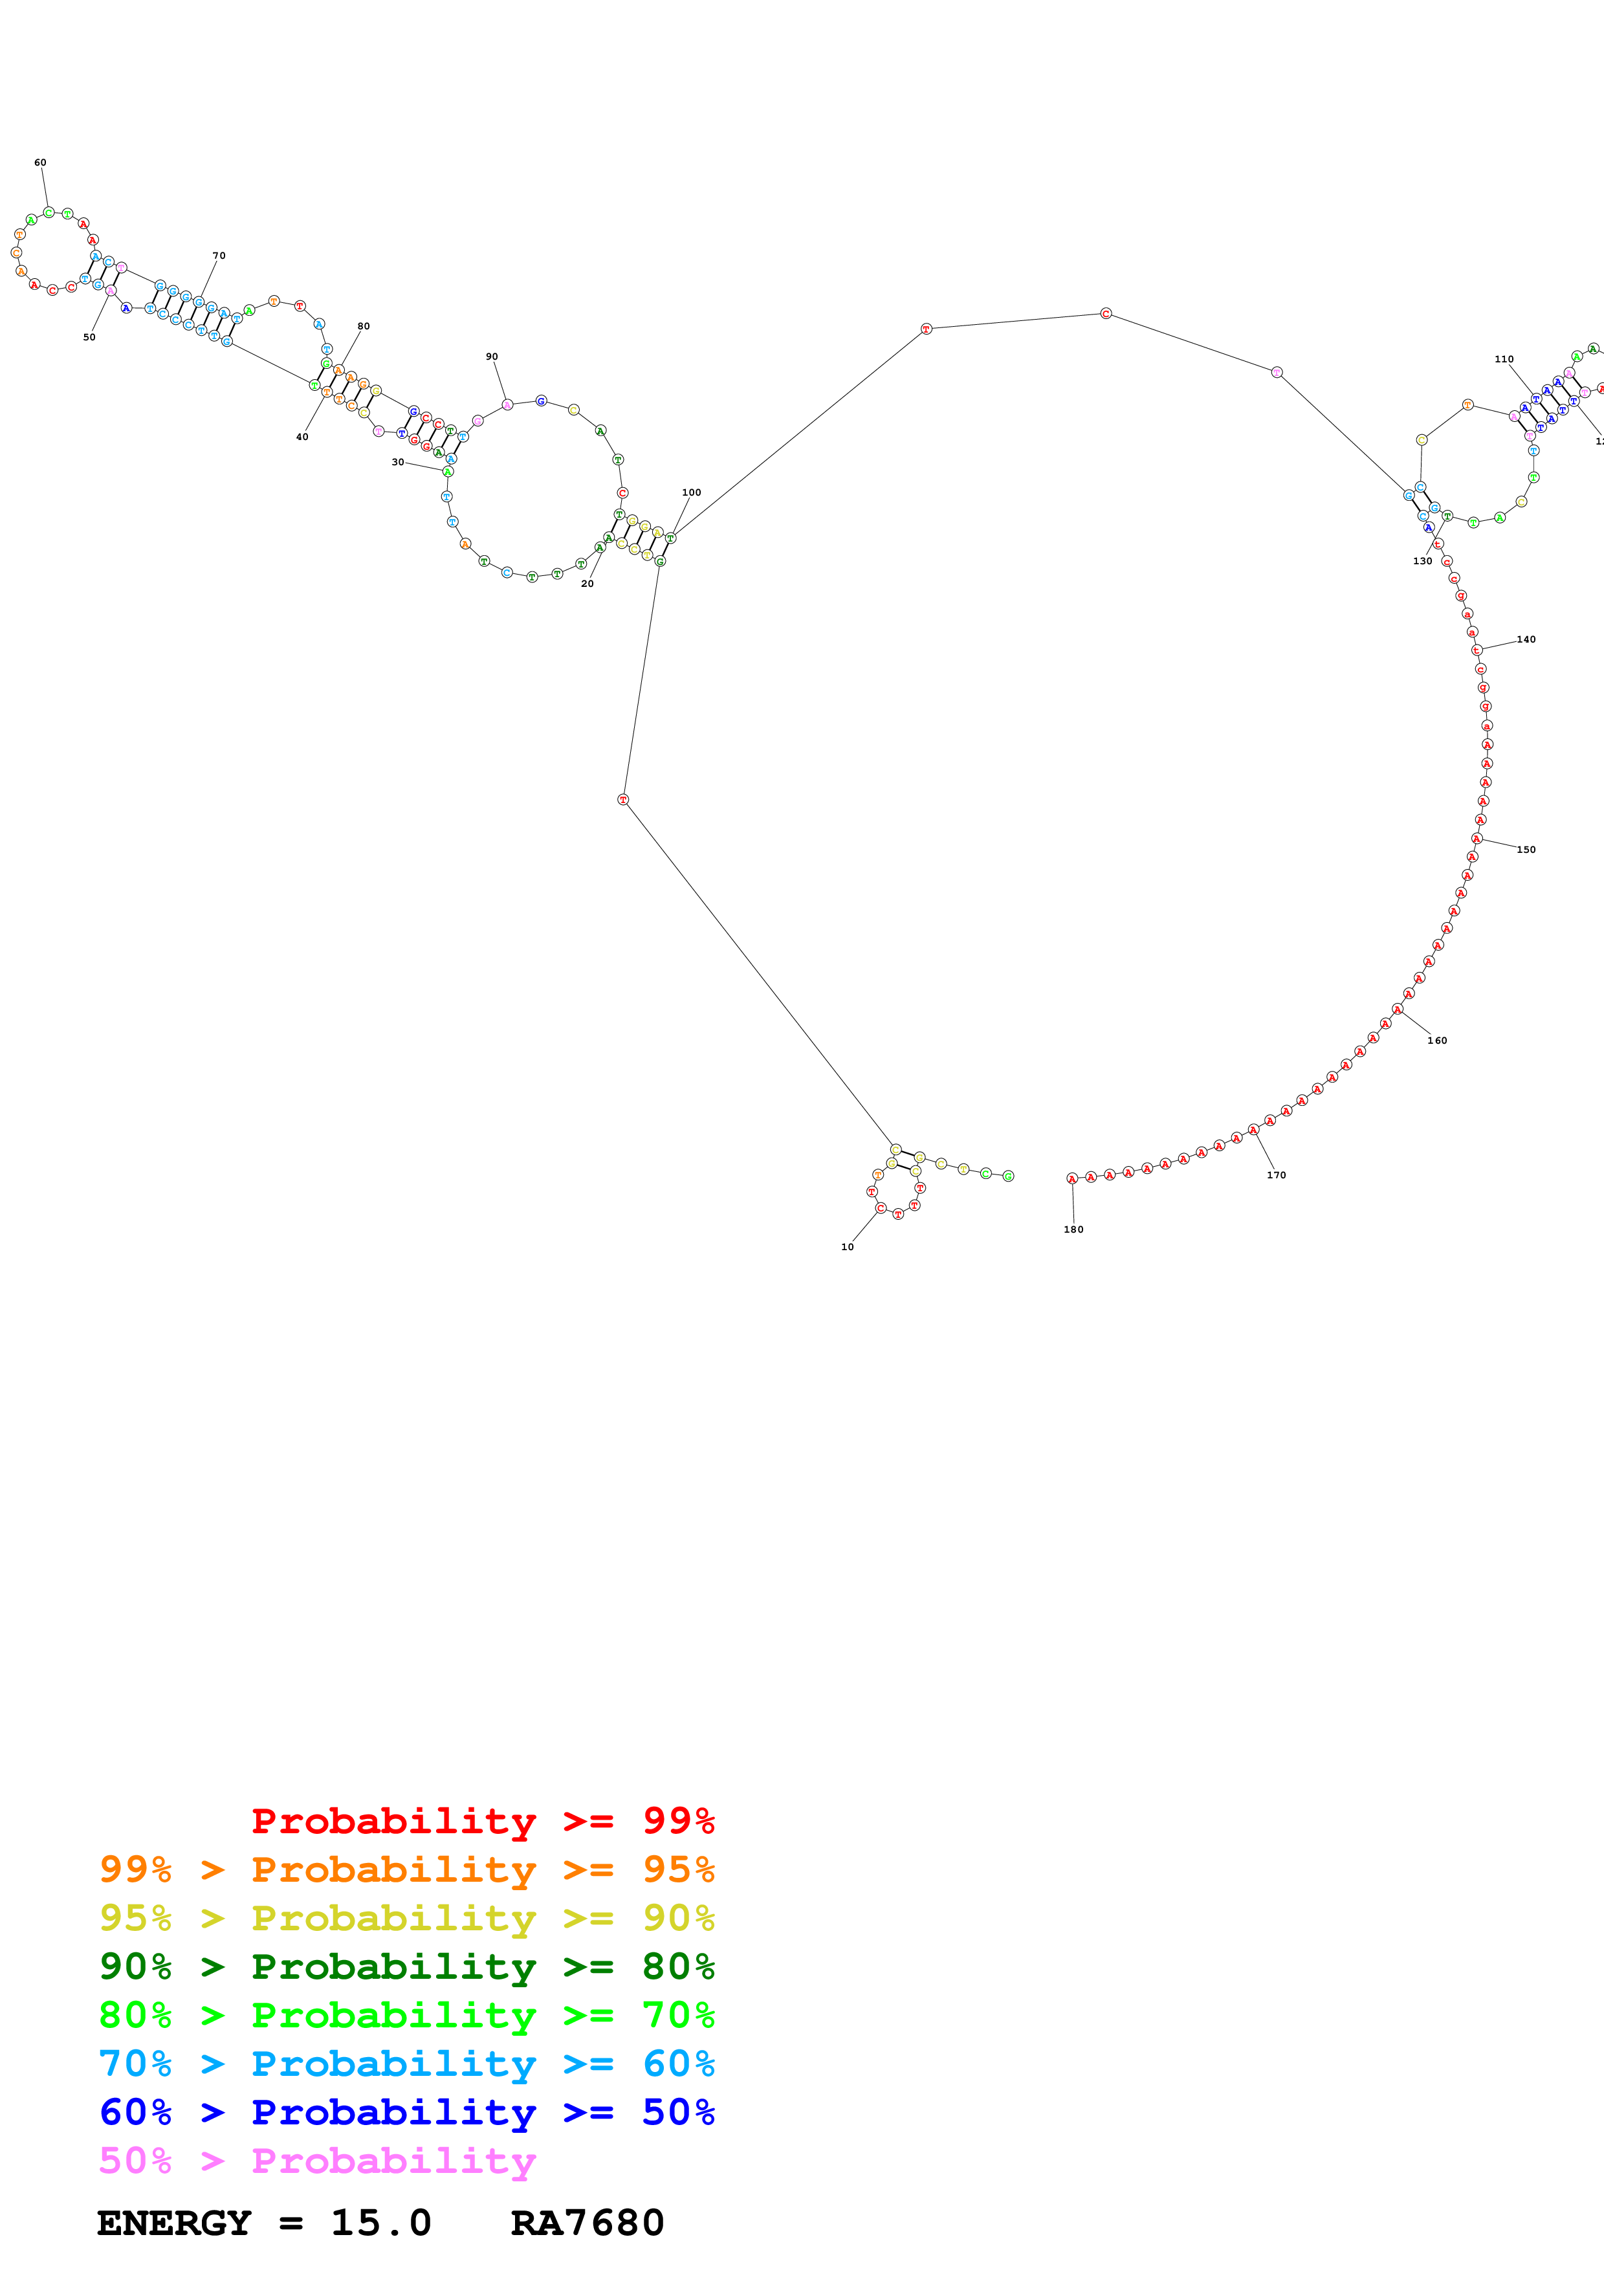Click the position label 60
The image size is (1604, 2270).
point(41,162)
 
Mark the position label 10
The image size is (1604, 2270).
point(847,1247)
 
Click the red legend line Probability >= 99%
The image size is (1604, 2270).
point(482,1820)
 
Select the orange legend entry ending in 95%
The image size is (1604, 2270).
point(407,1869)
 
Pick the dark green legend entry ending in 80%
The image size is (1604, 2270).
point(407,1967)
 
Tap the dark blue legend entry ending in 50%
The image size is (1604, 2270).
point(407,2112)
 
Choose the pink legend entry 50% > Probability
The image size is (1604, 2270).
point(317,2160)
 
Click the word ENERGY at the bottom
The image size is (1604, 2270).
point(174,2223)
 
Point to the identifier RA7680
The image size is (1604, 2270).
point(587,2223)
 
